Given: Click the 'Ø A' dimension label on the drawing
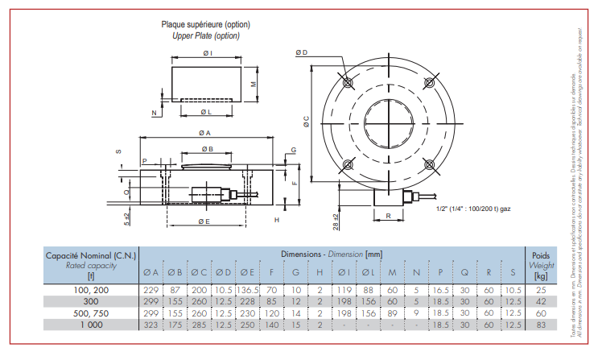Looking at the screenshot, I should [x=204, y=133].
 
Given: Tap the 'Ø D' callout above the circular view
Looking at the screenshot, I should [x=302, y=52].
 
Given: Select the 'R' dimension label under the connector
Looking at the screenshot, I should [x=389, y=217].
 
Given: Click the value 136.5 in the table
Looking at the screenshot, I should [x=248, y=289].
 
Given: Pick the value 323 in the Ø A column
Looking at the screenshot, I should [x=151, y=324].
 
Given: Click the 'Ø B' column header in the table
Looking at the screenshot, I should [x=175, y=271].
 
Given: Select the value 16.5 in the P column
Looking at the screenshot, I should [x=440, y=289].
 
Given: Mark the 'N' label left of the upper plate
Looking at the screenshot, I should [x=154, y=113].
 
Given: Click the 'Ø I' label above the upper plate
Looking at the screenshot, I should [x=207, y=53].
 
